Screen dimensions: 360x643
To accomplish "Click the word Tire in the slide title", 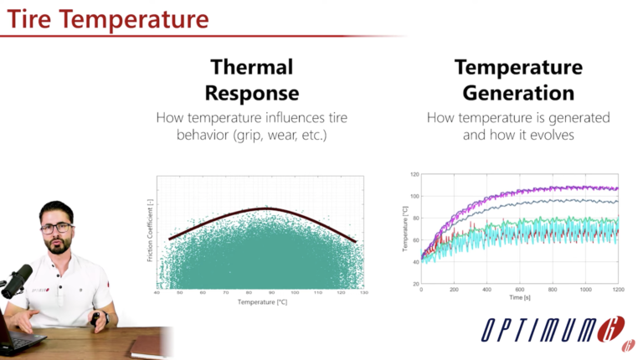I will pyautogui.click(x=31, y=17).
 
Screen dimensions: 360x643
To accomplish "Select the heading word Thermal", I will pyautogui.click(x=252, y=67).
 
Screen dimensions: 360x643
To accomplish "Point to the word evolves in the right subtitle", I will pyautogui.click(x=553, y=135).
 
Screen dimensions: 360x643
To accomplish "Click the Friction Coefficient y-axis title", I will pyautogui.click(x=150, y=230).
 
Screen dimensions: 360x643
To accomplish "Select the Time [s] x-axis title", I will pyautogui.click(x=519, y=297).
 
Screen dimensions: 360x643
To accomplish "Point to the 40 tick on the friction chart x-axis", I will pyautogui.click(x=158, y=293).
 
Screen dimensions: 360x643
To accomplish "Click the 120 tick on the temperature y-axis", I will pyautogui.click(x=413, y=175).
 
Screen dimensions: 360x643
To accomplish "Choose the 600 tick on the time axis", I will pyautogui.click(x=519, y=289).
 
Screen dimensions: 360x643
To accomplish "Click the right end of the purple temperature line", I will pyautogui.click(x=616, y=188).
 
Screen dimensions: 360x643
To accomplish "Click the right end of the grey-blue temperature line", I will pyautogui.click(x=616, y=201).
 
